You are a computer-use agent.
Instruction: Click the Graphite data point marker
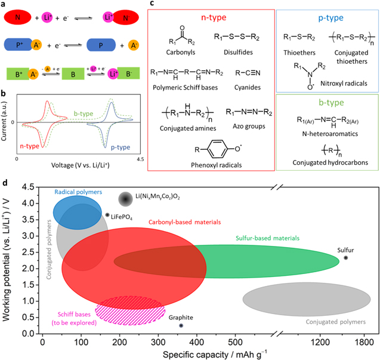coord(181,325)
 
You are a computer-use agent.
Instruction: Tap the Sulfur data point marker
coord(345,258)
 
